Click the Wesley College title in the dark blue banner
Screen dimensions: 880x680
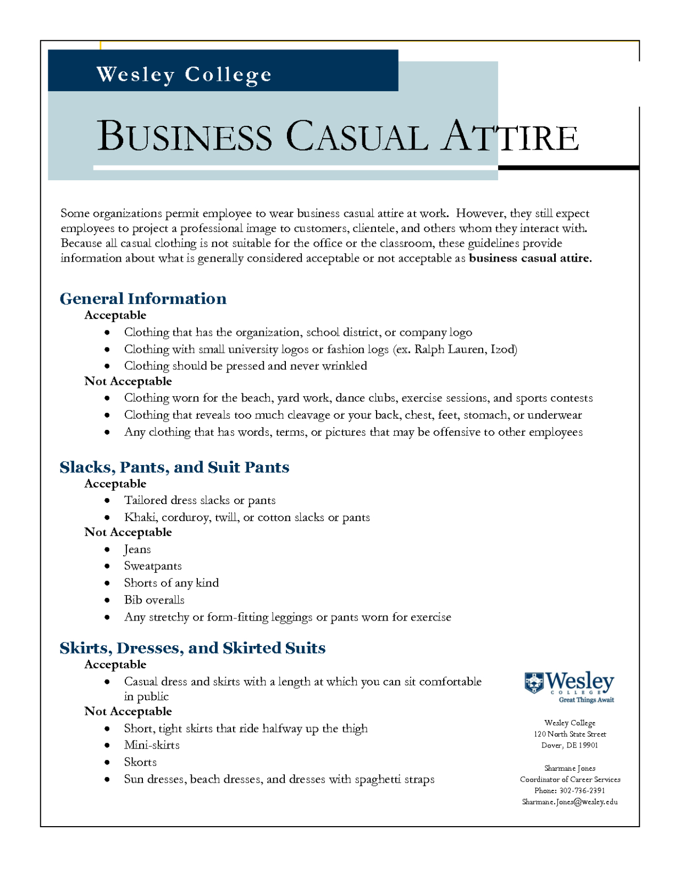click(x=184, y=74)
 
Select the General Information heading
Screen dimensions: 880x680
click(x=143, y=298)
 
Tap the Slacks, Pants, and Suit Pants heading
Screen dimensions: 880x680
click(x=174, y=467)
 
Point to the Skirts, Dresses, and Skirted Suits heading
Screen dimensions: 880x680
click(x=192, y=647)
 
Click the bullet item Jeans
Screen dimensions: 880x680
click(x=137, y=549)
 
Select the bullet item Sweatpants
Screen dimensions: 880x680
click(x=152, y=566)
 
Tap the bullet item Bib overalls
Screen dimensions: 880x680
click(x=154, y=600)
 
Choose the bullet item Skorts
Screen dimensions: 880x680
click(x=140, y=762)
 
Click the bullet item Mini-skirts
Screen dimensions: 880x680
click(x=152, y=745)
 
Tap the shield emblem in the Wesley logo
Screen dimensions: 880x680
click(x=533, y=682)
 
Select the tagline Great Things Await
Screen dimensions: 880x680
click(x=586, y=700)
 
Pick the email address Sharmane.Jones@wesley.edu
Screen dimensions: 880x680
click(x=570, y=801)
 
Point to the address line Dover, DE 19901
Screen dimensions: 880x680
click(x=570, y=745)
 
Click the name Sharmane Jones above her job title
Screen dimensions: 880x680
click(x=570, y=768)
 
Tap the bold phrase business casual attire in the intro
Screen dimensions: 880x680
click(x=529, y=258)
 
